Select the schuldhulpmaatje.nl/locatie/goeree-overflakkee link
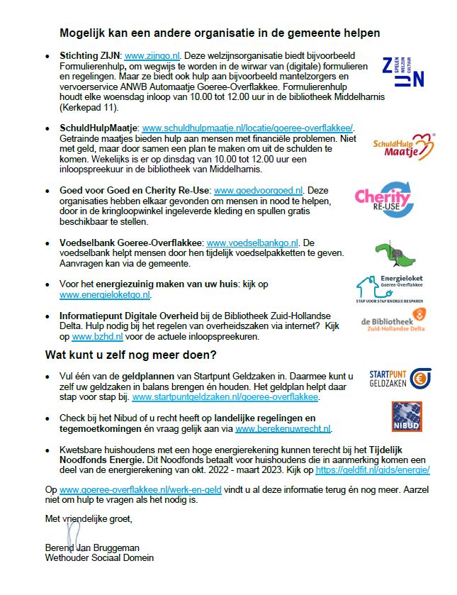pos(247,128)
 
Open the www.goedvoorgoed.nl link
pos(259,191)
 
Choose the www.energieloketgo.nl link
pos(105,294)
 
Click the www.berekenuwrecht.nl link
pos(283,429)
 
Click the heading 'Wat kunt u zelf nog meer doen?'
pos(131,355)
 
